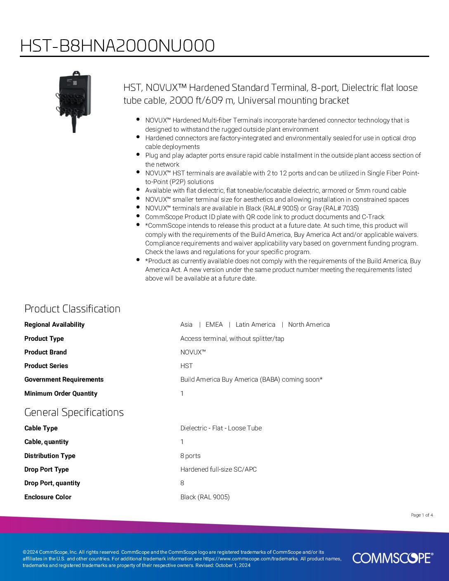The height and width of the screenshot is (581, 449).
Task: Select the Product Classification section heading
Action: click(x=72, y=309)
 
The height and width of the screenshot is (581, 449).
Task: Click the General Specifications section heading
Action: click(x=74, y=412)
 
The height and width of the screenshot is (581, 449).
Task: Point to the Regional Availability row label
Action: click(x=54, y=325)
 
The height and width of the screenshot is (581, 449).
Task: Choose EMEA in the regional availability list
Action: click(x=214, y=325)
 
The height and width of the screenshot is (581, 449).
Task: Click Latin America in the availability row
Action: click(x=255, y=325)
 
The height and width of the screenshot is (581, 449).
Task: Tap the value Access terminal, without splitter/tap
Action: click(x=232, y=339)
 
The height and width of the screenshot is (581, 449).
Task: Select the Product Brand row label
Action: click(x=45, y=352)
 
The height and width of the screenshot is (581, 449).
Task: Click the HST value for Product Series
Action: click(x=187, y=366)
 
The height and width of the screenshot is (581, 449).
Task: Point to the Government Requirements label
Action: click(x=64, y=380)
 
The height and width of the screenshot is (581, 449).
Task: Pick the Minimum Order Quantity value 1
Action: click(x=182, y=394)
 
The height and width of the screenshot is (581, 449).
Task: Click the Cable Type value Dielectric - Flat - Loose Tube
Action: click(x=221, y=428)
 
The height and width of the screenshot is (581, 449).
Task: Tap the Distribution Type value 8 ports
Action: click(x=190, y=456)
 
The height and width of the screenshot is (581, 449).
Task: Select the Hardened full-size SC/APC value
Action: click(x=218, y=470)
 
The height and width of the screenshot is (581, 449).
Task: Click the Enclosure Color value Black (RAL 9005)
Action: click(x=205, y=497)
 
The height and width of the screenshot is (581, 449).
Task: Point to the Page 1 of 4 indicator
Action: click(x=422, y=515)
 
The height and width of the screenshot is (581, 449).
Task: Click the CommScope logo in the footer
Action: click(x=392, y=558)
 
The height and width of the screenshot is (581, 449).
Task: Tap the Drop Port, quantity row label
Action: click(x=52, y=483)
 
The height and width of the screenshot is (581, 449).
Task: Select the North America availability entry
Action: click(x=309, y=325)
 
